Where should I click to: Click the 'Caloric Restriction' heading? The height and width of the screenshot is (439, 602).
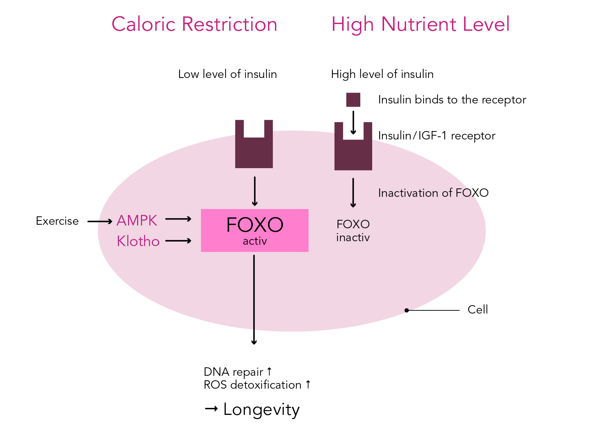coord(194,24)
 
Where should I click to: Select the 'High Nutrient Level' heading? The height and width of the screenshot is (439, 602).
coord(420,24)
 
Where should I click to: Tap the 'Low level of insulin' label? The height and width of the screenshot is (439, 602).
coord(227,74)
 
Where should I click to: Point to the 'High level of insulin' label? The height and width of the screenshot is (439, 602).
coord(382,74)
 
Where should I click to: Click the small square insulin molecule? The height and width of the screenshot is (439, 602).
coord(353,100)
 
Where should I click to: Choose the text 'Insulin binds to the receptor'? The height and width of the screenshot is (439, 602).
coord(452,100)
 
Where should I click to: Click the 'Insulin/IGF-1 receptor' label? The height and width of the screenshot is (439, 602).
coord(437,136)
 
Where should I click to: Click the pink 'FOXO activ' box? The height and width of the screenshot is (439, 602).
coord(255,230)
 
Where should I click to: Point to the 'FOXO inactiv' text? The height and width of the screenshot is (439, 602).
coord(353,231)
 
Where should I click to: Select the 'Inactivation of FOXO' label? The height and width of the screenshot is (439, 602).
coord(433,193)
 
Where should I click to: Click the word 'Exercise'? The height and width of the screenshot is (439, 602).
coord(57,221)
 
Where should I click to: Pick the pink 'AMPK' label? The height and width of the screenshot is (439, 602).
coord(137,221)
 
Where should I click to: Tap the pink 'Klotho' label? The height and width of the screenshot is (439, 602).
coord(138,241)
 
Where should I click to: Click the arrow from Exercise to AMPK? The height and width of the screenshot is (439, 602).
coord(100,221)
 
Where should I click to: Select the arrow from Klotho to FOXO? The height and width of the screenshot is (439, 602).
coord(178,241)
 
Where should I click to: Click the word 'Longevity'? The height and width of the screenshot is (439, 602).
coord(261,410)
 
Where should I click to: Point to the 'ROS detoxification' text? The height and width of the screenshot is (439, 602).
coord(253,385)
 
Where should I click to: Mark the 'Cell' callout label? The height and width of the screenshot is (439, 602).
coord(477,310)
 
